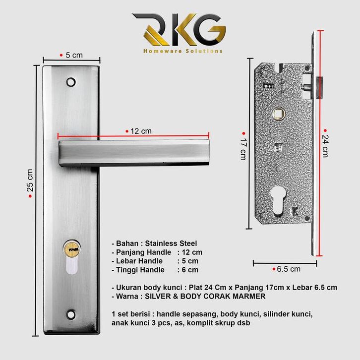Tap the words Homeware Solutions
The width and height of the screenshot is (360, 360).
182,51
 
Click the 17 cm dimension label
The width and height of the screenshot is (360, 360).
243,148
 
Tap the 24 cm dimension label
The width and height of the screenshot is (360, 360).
325,145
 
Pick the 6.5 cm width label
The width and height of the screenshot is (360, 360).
288,269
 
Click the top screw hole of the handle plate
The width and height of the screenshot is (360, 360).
73,80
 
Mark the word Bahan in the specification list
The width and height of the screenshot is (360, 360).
127,243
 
